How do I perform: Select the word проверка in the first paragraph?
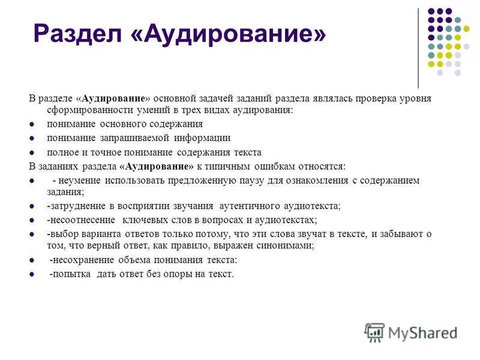click(377, 98)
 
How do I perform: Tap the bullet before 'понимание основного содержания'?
click(32, 124)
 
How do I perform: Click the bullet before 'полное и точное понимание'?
click(32, 152)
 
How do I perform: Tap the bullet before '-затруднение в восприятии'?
click(32, 206)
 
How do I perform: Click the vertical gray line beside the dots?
click(418, 48)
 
